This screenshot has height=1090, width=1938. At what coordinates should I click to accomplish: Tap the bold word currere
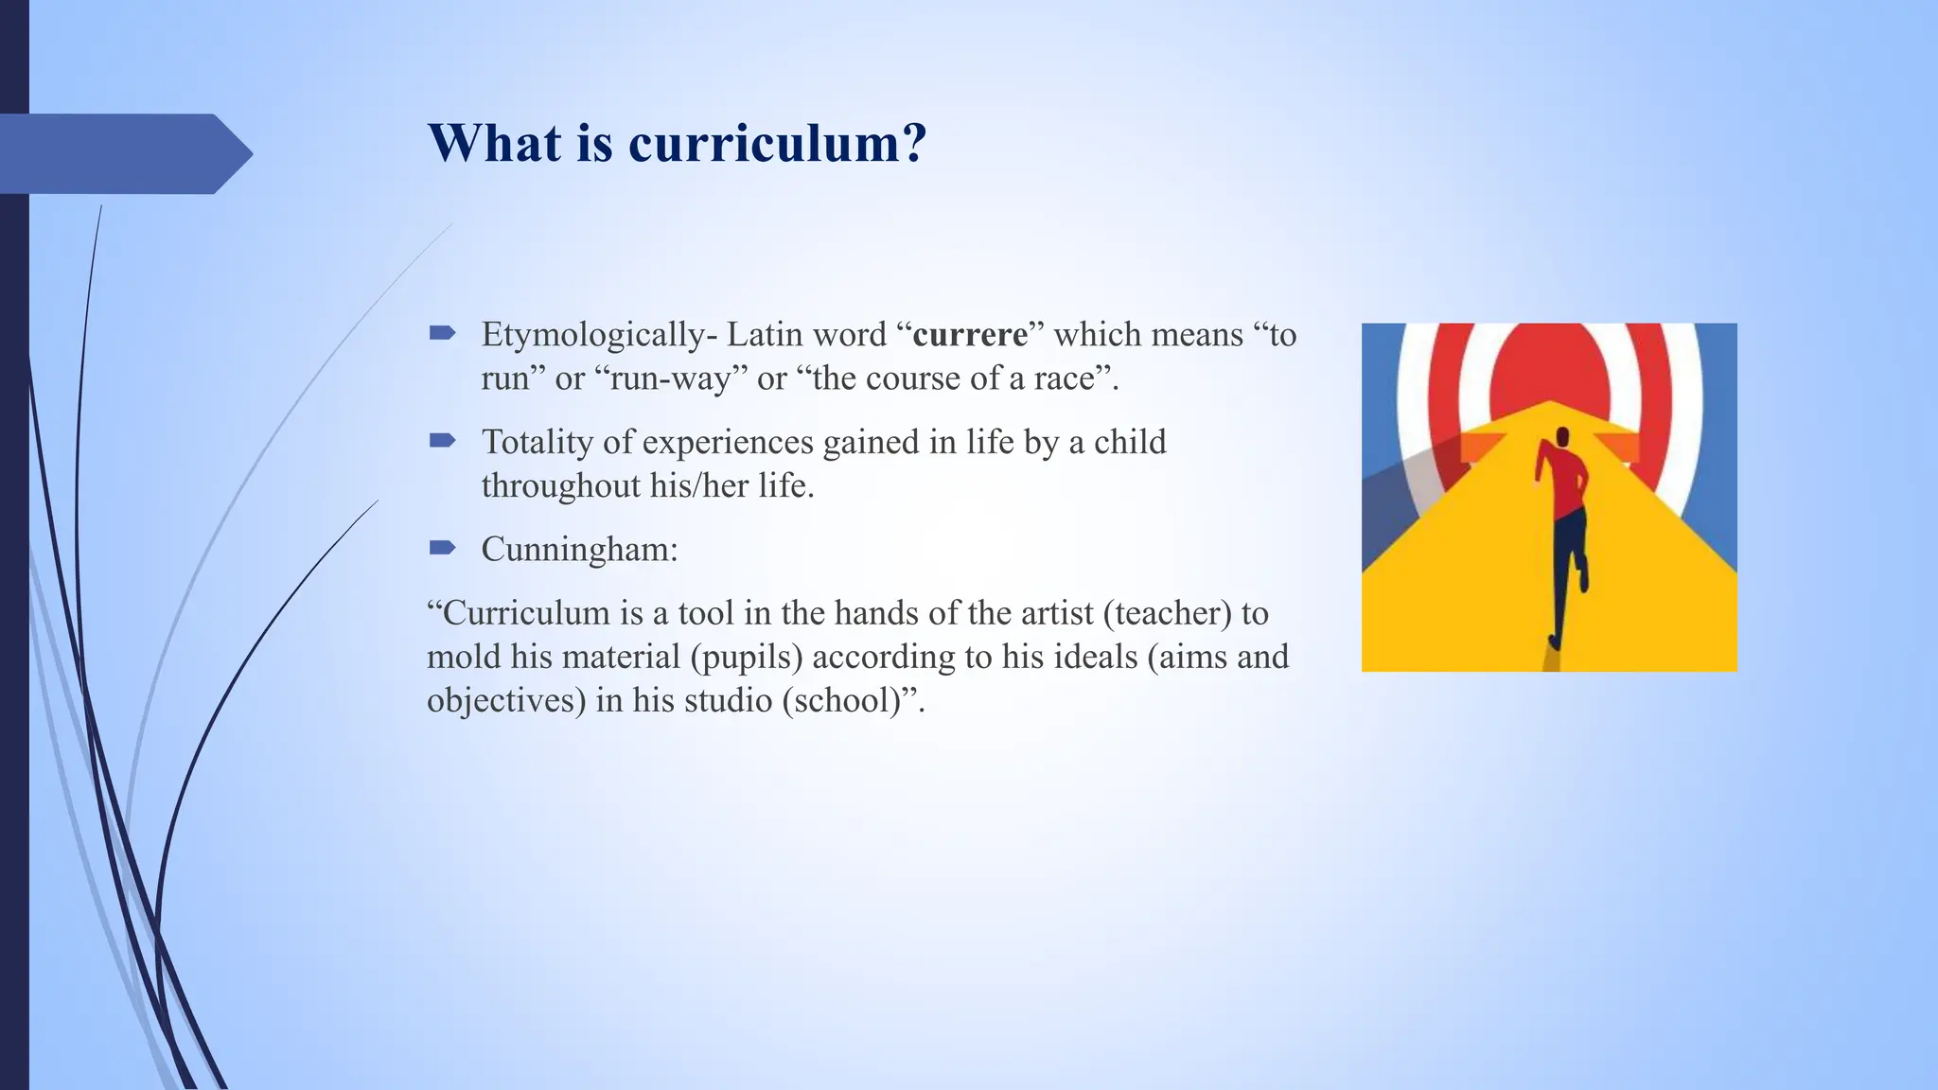(x=970, y=335)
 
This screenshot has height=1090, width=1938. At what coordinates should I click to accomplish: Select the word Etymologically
(x=593, y=335)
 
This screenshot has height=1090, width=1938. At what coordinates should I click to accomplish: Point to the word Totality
(x=537, y=442)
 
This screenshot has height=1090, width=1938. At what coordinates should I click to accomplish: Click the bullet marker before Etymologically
(x=443, y=332)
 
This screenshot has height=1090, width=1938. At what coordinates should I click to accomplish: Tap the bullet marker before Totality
(x=443, y=440)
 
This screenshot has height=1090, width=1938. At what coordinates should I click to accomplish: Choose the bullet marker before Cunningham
(x=443, y=547)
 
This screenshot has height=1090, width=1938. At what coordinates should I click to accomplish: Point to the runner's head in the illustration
(x=1562, y=436)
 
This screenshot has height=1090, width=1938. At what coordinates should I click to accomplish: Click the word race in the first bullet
(x=1064, y=378)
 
